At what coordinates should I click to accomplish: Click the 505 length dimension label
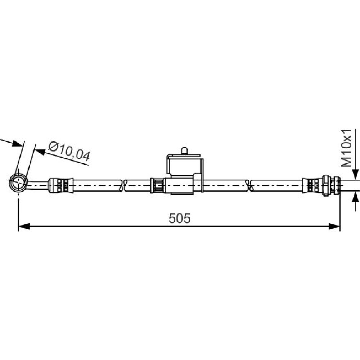coord(180,218)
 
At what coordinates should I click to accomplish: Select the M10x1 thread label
coord(346,148)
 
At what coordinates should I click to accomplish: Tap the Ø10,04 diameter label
coord(69,152)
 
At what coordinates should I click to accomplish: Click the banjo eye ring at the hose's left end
coord(18,182)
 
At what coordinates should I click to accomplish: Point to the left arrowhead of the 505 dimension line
coord(24,226)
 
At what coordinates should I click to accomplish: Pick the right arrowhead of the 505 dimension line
coord(334,226)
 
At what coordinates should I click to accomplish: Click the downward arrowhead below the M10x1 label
coord(355,174)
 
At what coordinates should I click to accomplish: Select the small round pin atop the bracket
coord(184,151)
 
